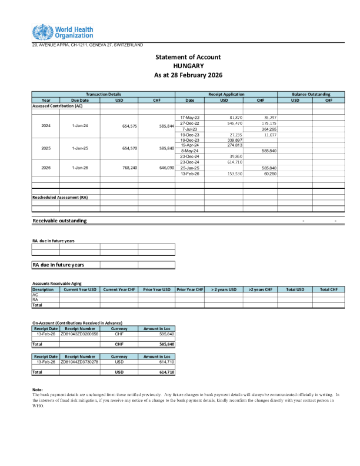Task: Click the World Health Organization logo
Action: tap(62, 32)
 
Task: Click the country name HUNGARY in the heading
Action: tap(188, 66)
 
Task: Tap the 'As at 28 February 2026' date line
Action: tap(188, 75)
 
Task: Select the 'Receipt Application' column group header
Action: tap(226, 94)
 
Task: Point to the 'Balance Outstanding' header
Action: tap(311, 94)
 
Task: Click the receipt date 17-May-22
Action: tap(189, 118)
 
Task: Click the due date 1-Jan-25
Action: tap(79, 148)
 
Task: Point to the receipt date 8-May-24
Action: tap(189, 151)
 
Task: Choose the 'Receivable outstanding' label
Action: tap(59, 221)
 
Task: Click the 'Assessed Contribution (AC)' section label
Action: tap(57, 106)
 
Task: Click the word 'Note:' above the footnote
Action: tap(37, 390)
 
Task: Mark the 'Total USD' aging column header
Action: tap(295, 289)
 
